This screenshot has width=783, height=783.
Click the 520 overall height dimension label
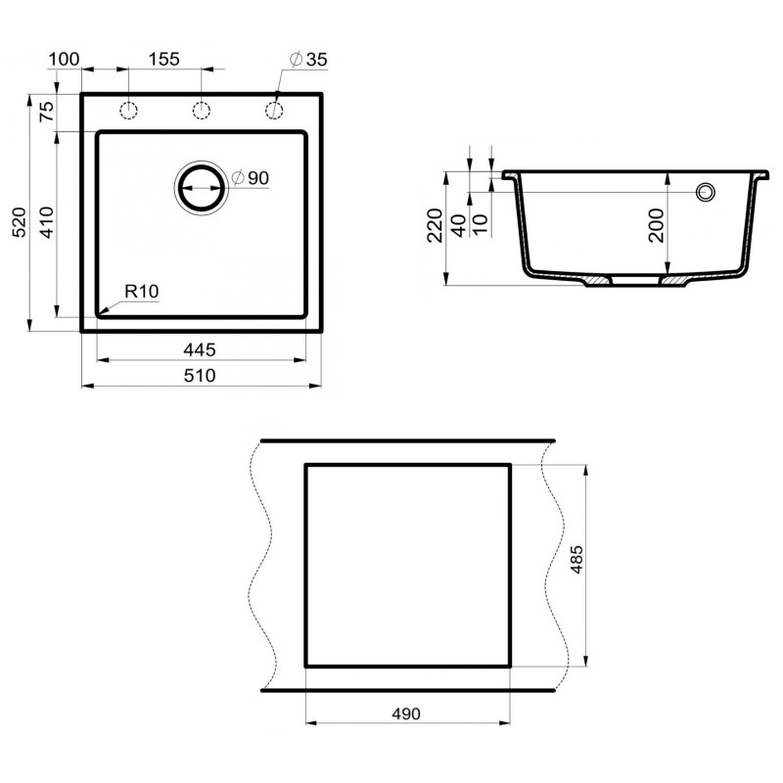coord(19,222)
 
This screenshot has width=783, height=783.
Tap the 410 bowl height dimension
coord(46,222)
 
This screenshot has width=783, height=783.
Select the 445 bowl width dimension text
coord(200,349)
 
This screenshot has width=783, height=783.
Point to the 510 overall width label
coord(200,375)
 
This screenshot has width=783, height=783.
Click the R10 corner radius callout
coord(142,291)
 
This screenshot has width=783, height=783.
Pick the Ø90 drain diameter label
coord(251,178)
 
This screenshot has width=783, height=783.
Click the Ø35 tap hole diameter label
coord(308,60)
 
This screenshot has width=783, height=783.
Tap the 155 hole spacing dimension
coord(164,59)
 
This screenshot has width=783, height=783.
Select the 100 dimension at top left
coord(64,59)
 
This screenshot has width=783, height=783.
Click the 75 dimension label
coord(46,111)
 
